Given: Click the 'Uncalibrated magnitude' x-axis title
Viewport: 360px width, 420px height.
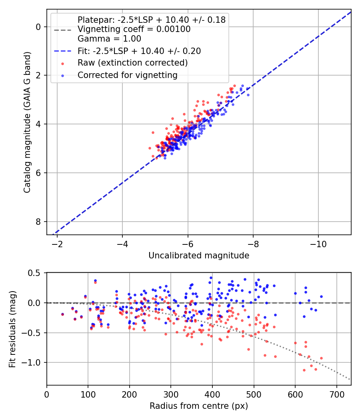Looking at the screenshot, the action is pos(199,256).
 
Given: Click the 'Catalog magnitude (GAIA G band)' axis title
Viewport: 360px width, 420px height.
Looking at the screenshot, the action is pos(27,122).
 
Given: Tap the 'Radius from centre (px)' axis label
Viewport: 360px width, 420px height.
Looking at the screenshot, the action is pos(199,406).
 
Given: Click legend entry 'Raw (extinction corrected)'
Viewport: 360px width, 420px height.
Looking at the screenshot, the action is pos(132,63).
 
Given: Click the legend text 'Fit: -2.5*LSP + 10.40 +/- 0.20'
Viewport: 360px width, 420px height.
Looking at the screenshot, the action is pos(139,51).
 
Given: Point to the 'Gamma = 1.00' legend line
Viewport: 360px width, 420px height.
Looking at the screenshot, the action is pos(109,39).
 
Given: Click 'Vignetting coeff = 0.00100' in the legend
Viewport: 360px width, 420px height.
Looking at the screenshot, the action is pos(134,30).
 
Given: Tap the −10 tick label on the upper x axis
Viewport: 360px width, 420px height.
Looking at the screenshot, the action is pos(318,244).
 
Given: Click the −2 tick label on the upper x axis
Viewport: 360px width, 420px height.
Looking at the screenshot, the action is pos(57,244).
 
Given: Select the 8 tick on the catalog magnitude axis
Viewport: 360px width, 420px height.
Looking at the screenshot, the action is pos(38,222).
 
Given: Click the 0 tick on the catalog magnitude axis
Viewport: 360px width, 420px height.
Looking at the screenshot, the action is pos(38,27).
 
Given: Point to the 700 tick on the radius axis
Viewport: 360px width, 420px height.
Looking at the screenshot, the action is pos(336,394).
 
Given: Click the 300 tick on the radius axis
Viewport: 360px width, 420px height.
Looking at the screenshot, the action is pos(171,394).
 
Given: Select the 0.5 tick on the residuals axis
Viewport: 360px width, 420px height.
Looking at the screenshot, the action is pos(36,273).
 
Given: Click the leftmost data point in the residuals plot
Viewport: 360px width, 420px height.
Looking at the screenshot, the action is pos(62,314).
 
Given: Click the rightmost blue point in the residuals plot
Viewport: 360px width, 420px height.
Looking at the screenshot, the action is pos(321,297).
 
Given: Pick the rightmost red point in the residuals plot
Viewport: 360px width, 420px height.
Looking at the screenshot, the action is pos(321,358).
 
